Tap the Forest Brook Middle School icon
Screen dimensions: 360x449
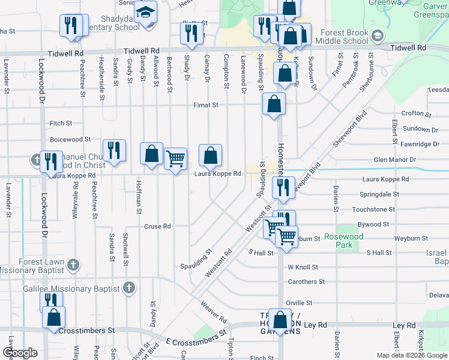click(376, 35)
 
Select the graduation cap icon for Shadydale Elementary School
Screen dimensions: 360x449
click(145, 11)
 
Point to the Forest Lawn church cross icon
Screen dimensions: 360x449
click(73, 263)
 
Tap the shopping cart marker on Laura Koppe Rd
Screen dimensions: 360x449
click(175, 159)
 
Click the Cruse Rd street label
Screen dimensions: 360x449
click(158, 227)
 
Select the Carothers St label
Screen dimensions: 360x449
click(306, 281)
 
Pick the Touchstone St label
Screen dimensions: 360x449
click(373, 210)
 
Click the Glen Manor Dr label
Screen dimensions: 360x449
click(394, 160)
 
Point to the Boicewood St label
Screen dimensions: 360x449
click(70, 139)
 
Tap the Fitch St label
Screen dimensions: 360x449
click(61, 123)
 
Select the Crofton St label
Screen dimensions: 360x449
click(416, 113)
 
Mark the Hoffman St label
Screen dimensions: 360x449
click(138, 197)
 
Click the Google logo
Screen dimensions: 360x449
click(20, 353)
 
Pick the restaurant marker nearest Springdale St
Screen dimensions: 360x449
click(280, 188)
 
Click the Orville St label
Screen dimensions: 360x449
click(300, 303)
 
